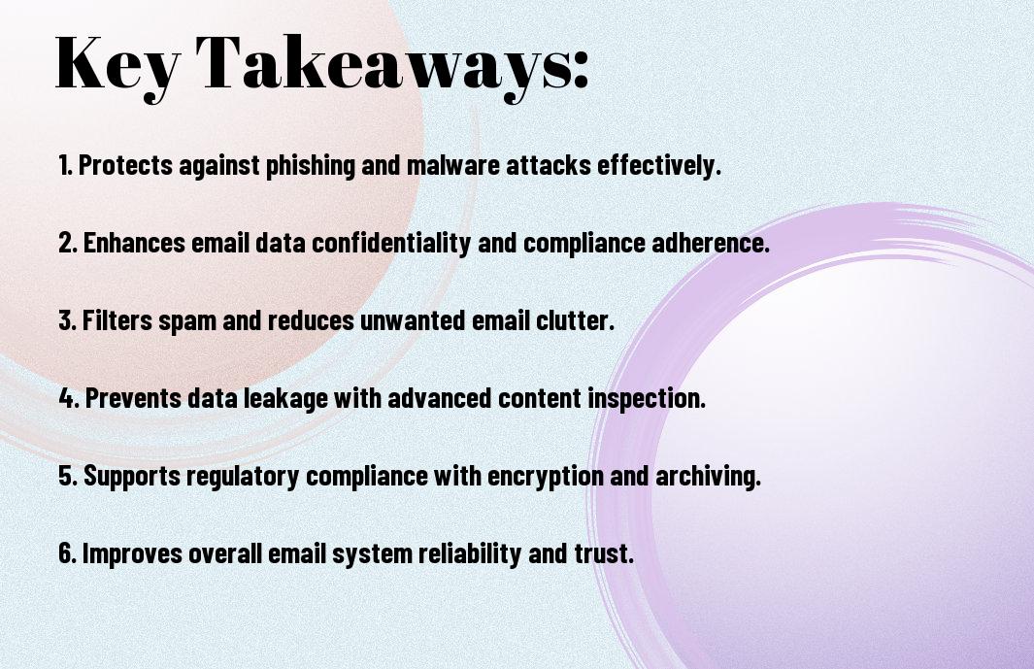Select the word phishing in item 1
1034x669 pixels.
click(311, 165)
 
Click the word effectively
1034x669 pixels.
click(659, 165)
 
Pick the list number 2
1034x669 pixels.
click(67, 243)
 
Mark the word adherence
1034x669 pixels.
click(711, 243)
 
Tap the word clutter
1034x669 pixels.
click(575, 320)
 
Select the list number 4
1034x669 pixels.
click(69, 398)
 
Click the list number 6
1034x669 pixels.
click(67, 553)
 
